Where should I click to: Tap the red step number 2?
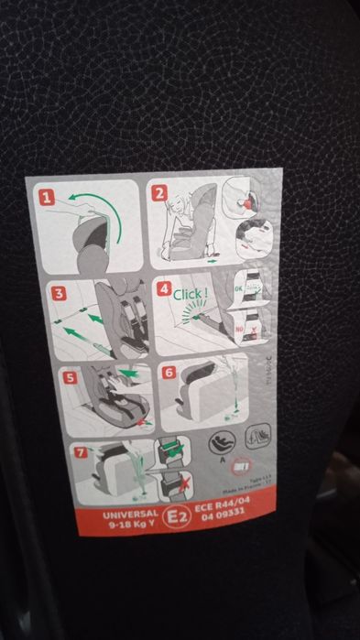(x=159, y=193)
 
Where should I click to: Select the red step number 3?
(x=58, y=294)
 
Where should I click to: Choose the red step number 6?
(x=167, y=372)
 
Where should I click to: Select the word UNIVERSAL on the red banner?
(x=131, y=515)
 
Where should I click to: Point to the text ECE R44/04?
(x=217, y=508)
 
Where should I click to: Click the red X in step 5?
(x=138, y=424)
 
